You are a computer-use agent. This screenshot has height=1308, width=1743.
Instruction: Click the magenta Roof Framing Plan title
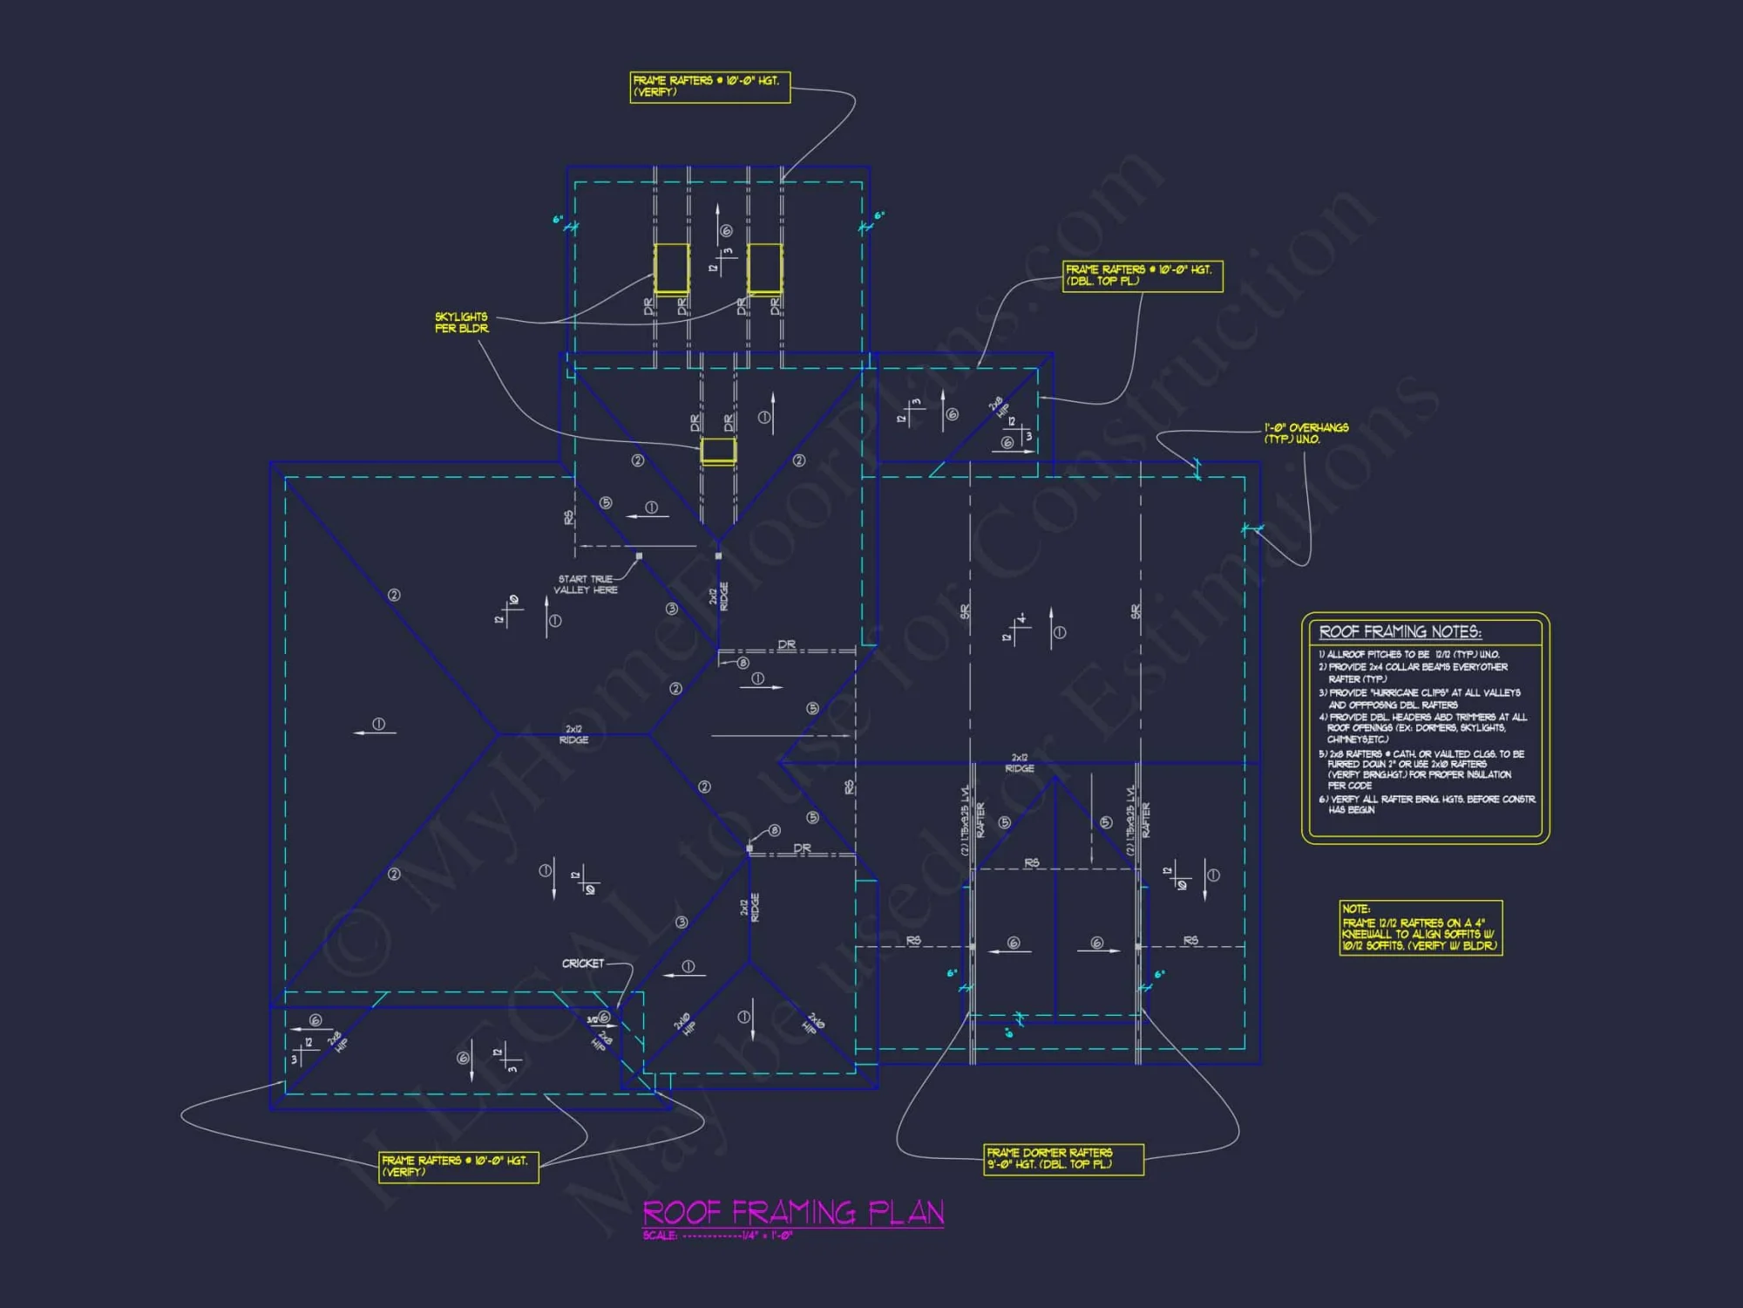pyautogui.click(x=793, y=1212)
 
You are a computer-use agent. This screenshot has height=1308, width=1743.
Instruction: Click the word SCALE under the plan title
pyautogui.click(x=660, y=1236)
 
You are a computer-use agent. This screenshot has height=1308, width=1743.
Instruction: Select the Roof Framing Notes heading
pyautogui.click(x=1400, y=631)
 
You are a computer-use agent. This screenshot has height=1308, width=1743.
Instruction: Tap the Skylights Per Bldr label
pyautogui.click(x=462, y=323)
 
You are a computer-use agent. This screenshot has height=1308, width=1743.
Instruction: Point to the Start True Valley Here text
pyautogui.click(x=586, y=584)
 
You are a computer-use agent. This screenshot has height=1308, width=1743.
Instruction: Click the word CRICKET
pyautogui.click(x=582, y=964)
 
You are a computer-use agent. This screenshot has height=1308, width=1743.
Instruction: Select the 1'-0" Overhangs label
pyautogui.click(x=1306, y=433)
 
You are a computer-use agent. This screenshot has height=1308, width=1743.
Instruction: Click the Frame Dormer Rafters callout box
pyautogui.click(x=1063, y=1159)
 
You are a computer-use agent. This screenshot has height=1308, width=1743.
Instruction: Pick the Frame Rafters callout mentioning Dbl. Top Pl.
pyautogui.click(x=1142, y=276)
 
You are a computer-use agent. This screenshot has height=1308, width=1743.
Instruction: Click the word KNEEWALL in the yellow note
pyautogui.click(x=1367, y=934)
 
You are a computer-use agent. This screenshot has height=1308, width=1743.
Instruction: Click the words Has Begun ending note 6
pyautogui.click(x=1352, y=810)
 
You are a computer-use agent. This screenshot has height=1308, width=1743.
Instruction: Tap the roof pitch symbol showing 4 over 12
pyautogui.click(x=1017, y=628)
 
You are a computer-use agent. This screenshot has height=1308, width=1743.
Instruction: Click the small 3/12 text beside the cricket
pyautogui.click(x=592, y=1020)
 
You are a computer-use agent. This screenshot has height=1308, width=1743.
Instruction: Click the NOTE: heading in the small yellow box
pyautogui.click(x=1356, y=909)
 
